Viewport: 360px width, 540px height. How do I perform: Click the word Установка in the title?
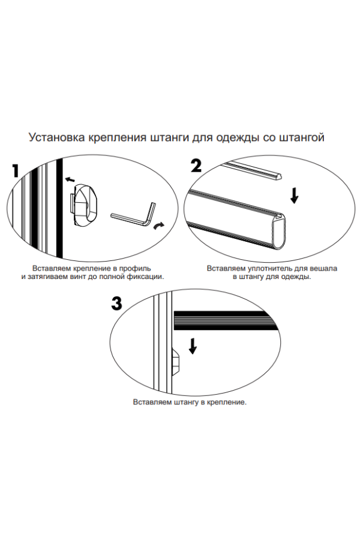pyautogui.click(x=56, y=137)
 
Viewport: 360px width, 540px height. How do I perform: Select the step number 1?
pyautogui.click(x=15, y=170)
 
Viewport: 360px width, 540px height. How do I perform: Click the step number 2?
pyautogui.click(x=196, y=166)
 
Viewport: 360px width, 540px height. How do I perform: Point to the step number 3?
pyautogui.click(x=117, y=304)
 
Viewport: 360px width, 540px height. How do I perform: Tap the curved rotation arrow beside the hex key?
pyautogui.click(x=159, y=226)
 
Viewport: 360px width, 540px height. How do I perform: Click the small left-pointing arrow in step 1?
pyautogui.click(x=70, y=179)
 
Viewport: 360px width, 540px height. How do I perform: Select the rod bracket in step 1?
pyautogui.click(x=85, y=205)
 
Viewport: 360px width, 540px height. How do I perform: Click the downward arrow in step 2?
pyautogui.click(x=294, y=196)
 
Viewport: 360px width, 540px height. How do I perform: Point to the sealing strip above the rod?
pyautogui.click(x=252, y=172)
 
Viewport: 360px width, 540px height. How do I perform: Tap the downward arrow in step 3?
pyautogui.click(x=193, y=346)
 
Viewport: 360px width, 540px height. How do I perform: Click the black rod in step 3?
pyautogui.click(x=226, y=320)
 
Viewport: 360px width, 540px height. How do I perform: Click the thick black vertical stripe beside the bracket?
pyautogui.click(x=59, y=208)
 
